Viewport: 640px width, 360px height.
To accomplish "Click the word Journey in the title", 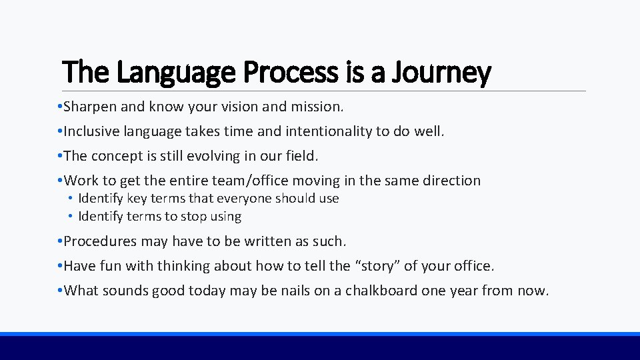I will pyautogui.click(x=452, y=73).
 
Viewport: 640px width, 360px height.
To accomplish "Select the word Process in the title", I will pyautogui.click(x=291, y=73).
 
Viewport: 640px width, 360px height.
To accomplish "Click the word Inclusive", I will pyautogui.click(x=90, y=131).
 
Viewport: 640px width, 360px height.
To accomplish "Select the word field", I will pyautogui.click(x=301, y=156).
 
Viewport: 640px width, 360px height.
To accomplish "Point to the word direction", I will pyautogui.click(x=451, y=181).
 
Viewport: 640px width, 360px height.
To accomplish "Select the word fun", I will pyautogui.click(x=107, y=266).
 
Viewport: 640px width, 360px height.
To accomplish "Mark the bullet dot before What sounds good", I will pyautogui.click(x=60, y=291).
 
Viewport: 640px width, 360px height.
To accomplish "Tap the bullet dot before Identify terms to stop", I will pyautogui.click(x=70, y=217).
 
